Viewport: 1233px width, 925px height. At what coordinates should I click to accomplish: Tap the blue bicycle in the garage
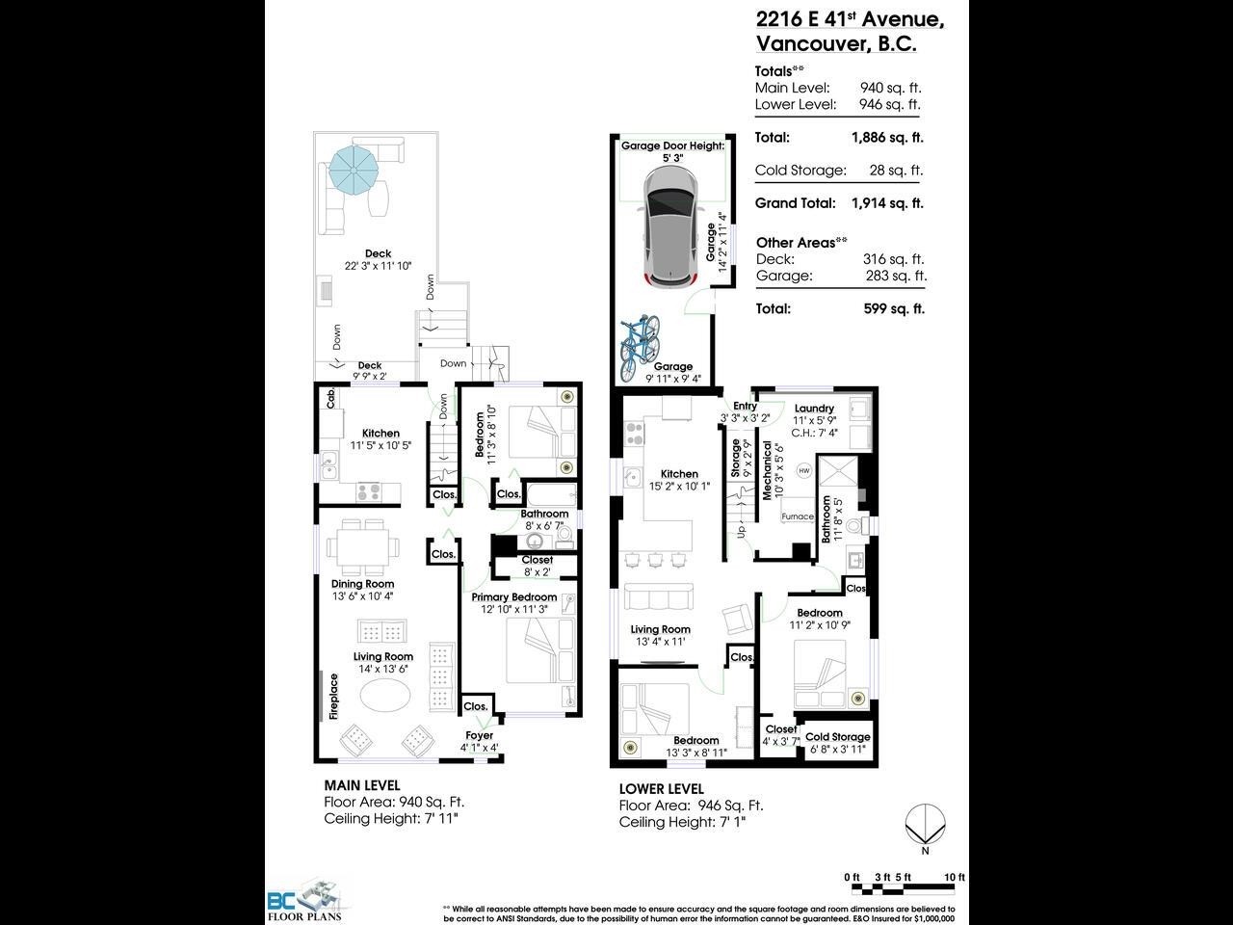[639, 342]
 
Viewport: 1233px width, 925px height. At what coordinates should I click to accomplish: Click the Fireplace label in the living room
[334, 697]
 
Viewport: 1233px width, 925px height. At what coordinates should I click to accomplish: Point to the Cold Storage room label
[837, 737]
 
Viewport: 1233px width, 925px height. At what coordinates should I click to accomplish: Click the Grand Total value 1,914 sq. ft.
[886, 203]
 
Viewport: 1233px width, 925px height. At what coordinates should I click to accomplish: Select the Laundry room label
[814, 408]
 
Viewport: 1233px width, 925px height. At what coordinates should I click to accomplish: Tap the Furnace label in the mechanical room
[797, 516]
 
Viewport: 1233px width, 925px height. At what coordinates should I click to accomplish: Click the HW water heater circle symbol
[804, 470]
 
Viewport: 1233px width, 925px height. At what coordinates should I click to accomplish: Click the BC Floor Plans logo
[302, 902]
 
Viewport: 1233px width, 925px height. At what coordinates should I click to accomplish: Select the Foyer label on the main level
[479, 735]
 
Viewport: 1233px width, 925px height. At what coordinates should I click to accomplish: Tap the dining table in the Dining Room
[363, 547]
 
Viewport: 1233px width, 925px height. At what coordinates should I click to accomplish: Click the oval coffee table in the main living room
[389, 695]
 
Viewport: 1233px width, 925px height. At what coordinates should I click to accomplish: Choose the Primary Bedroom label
[514, 597]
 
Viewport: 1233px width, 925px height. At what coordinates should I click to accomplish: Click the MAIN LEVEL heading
[361, 785]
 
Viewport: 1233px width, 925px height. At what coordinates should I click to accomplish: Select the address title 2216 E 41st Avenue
[849, 19]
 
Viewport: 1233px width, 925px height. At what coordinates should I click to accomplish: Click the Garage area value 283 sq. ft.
[896, 276]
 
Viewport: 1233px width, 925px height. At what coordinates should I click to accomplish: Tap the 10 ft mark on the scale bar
[954, 877]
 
